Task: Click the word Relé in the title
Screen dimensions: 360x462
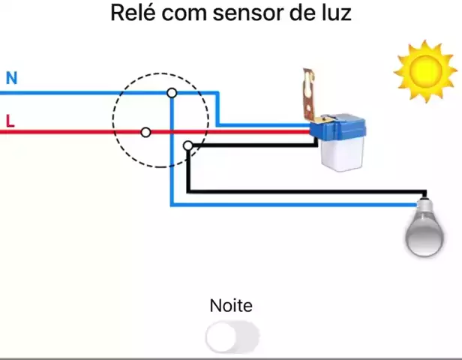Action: pos(132,13)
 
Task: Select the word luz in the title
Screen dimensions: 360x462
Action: pos(336,13)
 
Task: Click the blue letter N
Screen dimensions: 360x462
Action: pos(11,78)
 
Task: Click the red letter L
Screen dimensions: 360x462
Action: pos(10,120)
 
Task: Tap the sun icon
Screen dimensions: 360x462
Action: pos(424,70)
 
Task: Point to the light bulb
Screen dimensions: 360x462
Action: pos(424,232)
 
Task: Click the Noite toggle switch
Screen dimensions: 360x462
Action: pos(232,338)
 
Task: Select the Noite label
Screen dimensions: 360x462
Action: pos(231,306)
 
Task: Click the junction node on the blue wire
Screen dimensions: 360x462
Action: pos(172,92)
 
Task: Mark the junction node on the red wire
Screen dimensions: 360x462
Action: pos(145,132)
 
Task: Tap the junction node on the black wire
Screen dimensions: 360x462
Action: pos(187,145)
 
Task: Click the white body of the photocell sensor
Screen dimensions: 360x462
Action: pos(341,154)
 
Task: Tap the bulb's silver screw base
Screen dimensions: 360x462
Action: pos(424,206)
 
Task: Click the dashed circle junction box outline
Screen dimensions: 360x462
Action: pos(114,120)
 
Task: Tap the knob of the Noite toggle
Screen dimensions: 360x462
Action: pos(221,338)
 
